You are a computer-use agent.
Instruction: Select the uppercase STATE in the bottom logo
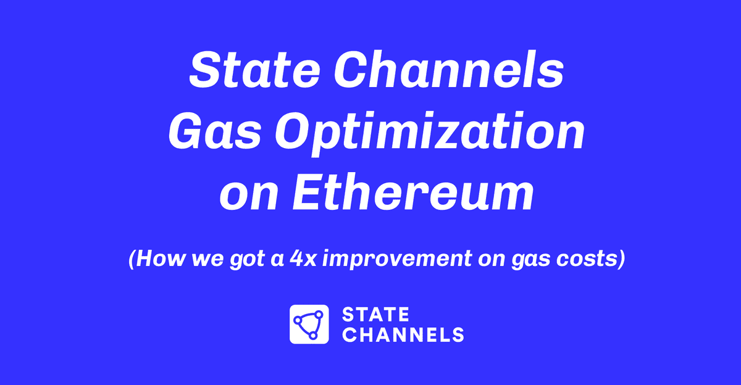[x=375, y=315]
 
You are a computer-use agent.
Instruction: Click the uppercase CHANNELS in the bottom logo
[x=403, y=335]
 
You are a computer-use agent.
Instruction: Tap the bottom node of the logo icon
[x=314, y=335]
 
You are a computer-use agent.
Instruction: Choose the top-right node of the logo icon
[x=319, y=314]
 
